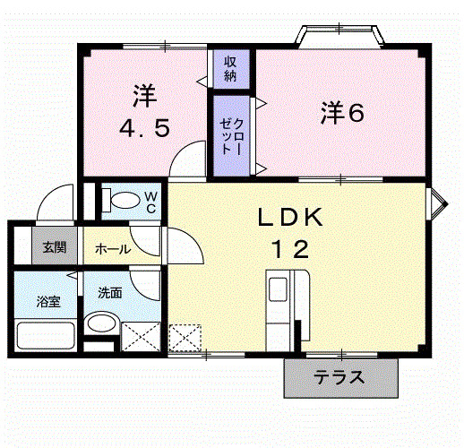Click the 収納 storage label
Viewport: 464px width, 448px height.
coord(230,69)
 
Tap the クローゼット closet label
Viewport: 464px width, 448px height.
coord(232,136)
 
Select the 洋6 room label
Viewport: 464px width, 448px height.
coord(342,113)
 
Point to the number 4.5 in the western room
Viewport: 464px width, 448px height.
coord(145,128)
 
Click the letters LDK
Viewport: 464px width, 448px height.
coord(290,217)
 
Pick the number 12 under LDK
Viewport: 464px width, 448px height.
coord(290,249)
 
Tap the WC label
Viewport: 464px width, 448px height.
coord(150,202)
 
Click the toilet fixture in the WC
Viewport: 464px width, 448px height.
coord(122,200)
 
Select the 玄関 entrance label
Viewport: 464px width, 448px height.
coord(55,247)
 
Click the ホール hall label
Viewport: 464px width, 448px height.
coord(113,249)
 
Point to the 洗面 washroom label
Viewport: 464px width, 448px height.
coord(110,293)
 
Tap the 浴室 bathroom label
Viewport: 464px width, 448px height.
coord(48,301)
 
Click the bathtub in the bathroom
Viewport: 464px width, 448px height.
coord(46,335)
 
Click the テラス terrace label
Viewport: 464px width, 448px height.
coord(339,377)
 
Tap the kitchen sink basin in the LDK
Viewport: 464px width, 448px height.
coord(278,289)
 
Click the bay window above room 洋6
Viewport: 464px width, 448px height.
coord(339,37)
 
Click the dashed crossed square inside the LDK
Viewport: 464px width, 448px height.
coord(185,338)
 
